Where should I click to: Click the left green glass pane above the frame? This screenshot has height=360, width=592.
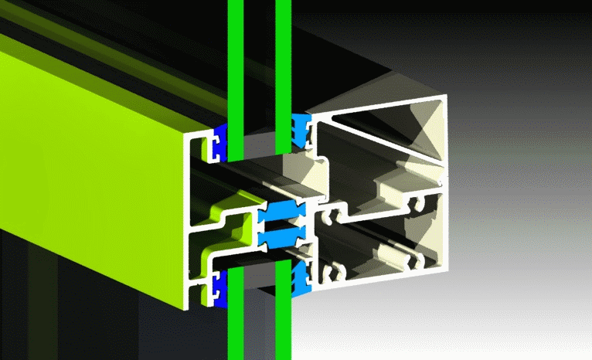[236, 54]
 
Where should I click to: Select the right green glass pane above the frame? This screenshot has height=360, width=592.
[283, 54]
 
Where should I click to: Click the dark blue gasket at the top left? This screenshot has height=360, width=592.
[219, 140]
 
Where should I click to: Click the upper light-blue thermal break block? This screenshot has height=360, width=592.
[283, 211]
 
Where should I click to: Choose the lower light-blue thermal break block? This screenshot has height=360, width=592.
[283, 236]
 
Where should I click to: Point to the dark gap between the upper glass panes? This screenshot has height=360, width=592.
[260, 62]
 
